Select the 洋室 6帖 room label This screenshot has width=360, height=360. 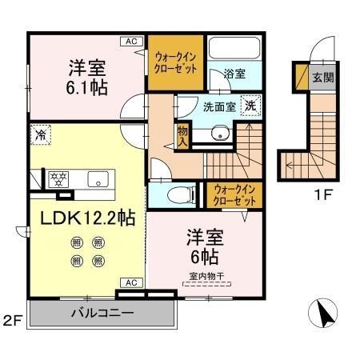pos(206,248)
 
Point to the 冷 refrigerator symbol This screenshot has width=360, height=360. pos(39,136)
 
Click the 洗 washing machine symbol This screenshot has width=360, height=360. pos(250,104)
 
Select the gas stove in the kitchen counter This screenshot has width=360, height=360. pos(58,178)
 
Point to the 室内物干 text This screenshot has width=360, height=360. pos(206,277)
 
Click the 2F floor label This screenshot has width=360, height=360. pos(11,322)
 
